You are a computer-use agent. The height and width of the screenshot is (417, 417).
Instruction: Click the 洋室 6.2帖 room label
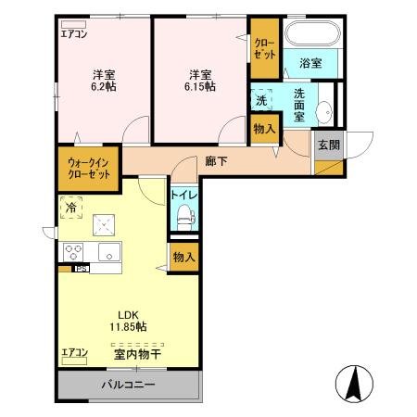pyautogui.click(x=102, y=81)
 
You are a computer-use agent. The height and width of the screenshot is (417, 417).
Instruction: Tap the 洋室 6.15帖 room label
pyautogui.click(x=199, y=81)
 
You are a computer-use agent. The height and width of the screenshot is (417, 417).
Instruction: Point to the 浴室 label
pyautogui.click(x=310, y=64)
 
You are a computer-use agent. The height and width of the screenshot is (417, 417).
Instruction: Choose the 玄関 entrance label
pyautogui.click(x=328, y=145)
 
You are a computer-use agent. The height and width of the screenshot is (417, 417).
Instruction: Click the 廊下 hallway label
pyautogui.click(x=216, y=160)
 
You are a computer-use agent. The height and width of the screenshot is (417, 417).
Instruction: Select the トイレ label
pyautogui.click(x=182, y=196)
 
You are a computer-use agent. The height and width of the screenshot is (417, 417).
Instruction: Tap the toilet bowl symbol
pyautogui.click(x=183, y=219)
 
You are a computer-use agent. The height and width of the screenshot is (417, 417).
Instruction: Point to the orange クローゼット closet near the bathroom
pyautogui.click(x=264, y=48)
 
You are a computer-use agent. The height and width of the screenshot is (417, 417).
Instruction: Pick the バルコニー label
pyautogui.click(x=129, y=385)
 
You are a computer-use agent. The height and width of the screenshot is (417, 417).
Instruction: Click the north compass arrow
pyautogui.click(x=353, y=380)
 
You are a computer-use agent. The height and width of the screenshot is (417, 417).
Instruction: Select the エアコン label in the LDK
pyautogui.click(x=74, y=352)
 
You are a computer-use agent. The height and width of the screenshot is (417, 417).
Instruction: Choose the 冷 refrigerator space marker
pyautogui.click(x=71, y=208)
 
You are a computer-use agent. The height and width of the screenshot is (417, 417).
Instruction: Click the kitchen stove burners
pyautogui.click(x=74, y=251)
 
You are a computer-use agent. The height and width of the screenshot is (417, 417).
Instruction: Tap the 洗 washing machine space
pyautogui.click(x=262, y=99)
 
